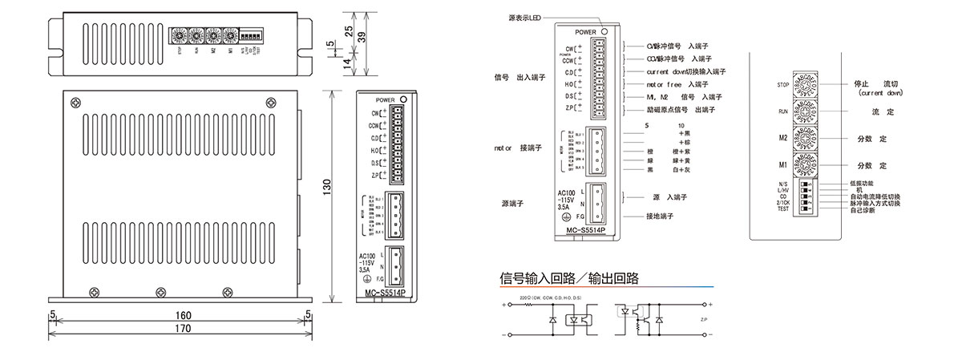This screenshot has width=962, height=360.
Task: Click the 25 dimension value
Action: (348, 30)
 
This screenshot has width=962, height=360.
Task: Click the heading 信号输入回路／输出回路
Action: (569, 279)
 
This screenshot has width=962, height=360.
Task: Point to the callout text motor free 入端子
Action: (677, 84)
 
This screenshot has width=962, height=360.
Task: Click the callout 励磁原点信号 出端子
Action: (681, 109)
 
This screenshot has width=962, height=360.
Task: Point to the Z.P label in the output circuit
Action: (705, 319)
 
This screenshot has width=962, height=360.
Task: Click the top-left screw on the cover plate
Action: (75, 102)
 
